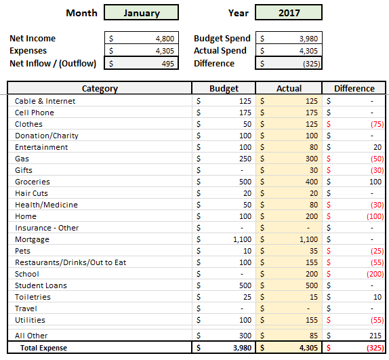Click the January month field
(141, 12)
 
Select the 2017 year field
(289, 12)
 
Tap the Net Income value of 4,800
(165, 39)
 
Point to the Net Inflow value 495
(168, 64)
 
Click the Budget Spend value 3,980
(308, 39)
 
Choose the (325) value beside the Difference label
(312, 64)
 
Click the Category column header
(100, 88)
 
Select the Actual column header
(289, 88)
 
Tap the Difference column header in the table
(354, 88)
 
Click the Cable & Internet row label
(45, 101)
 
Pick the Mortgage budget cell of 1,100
(242, 239)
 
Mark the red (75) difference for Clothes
(377, 124)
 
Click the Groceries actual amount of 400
(312, 182)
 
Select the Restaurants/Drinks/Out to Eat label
(70, 262)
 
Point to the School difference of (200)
(375, 274)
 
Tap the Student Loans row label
(41, 285)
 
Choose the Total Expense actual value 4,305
(308, 348)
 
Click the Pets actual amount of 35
(314, 251)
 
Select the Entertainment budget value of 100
(245, 147)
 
